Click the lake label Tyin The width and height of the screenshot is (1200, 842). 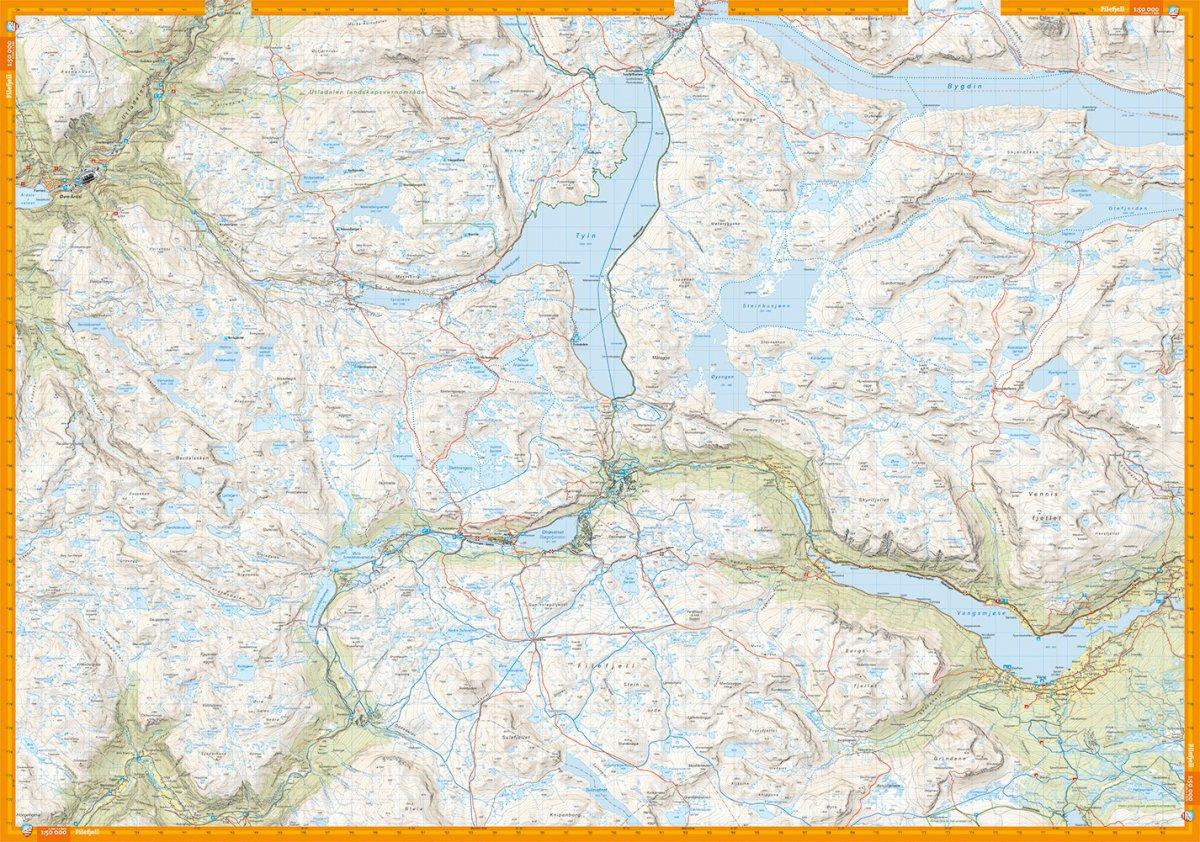coord(586,235)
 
